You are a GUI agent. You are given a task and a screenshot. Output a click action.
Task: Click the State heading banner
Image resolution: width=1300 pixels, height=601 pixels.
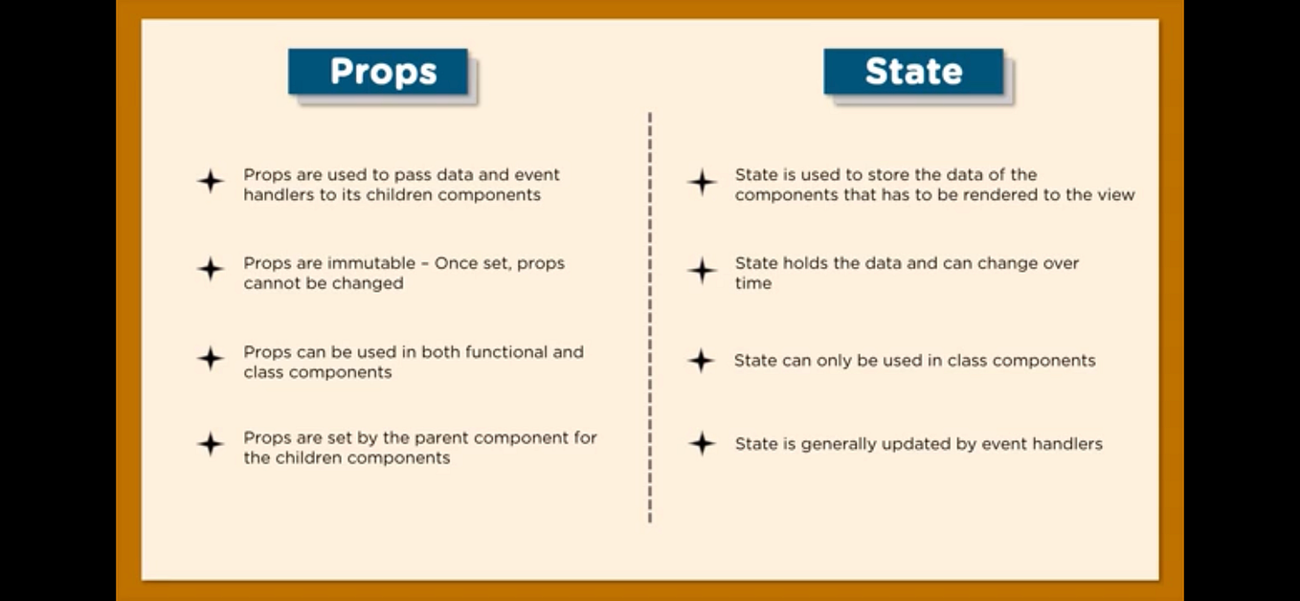point(913,72)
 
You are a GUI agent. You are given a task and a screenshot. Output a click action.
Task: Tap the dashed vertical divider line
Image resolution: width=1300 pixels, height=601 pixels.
point(650,316)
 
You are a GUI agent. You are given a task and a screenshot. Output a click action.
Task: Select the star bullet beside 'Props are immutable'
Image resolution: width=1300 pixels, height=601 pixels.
point(211,269)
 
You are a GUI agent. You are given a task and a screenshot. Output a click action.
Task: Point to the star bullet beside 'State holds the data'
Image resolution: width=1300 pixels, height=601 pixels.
point(702,270)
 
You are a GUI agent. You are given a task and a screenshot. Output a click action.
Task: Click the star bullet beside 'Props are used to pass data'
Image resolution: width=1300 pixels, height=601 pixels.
point(211,181)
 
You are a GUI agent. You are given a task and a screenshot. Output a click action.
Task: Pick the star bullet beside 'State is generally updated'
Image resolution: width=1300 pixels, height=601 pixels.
point(702,443)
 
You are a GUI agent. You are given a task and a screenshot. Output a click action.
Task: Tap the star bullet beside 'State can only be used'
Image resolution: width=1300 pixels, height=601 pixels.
point(702,360)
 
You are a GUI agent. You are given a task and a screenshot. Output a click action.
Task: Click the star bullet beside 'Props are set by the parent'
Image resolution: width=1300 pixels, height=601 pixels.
point(211,443)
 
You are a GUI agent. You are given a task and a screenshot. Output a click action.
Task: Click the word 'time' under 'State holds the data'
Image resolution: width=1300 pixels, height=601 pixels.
point(752,283)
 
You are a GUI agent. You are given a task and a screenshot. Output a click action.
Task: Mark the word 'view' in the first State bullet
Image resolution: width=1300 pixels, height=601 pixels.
point(1116,194)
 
